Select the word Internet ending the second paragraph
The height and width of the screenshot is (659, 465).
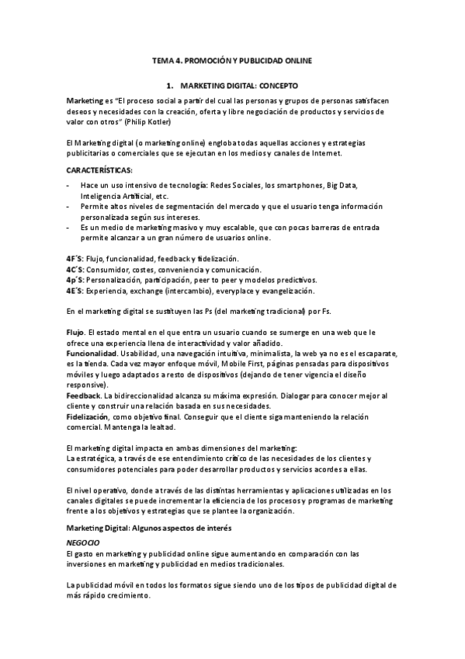click(323, 154)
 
